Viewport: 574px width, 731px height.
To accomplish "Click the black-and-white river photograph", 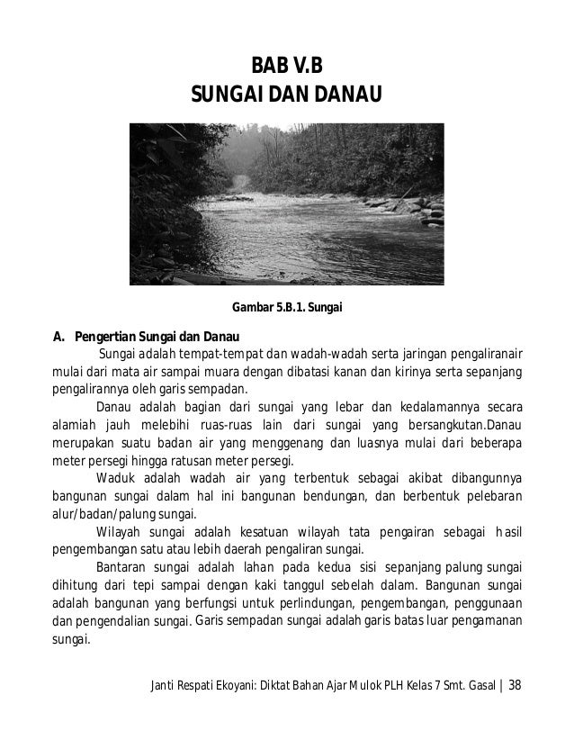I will coord(287,203).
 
